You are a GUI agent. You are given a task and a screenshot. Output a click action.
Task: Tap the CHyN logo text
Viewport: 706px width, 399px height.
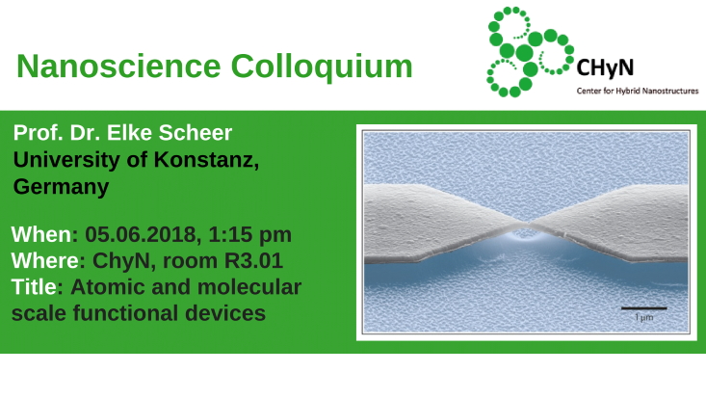coord(603,67)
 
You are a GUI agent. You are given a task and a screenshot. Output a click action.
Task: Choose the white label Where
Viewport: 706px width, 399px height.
coord(44,261)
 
